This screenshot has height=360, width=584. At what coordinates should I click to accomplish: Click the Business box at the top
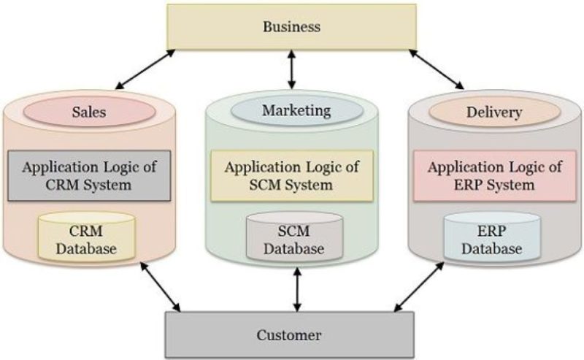[x=291, y=27]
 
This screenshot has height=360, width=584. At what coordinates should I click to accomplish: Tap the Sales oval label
[x=90, y=113]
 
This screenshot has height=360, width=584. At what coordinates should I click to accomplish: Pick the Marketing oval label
[x=296, y=111]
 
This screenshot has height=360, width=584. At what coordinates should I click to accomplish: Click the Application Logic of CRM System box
[x=90, y=175]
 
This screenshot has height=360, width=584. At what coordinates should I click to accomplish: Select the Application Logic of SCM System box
[x=292, y=175]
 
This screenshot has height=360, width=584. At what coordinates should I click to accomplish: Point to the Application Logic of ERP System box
[x=495, y=175]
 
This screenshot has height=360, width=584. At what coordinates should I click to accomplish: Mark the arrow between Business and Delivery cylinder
[x=437, y=69]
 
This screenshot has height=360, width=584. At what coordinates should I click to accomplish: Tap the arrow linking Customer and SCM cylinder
[x=296, y=289]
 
